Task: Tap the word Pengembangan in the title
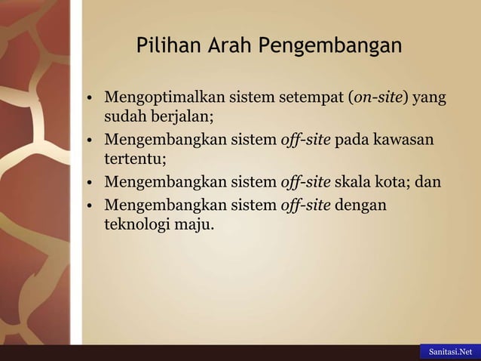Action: tap(330, 48)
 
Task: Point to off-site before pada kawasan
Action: tap(305, 140)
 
